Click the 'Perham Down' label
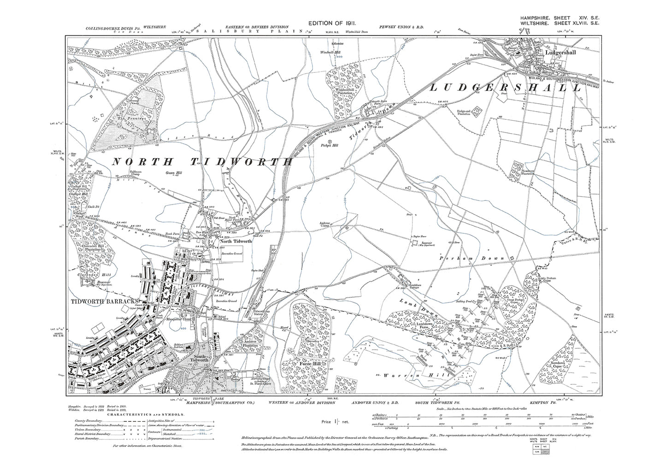point(480,258)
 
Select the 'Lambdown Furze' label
point(416,326)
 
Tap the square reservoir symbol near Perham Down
point(415,242)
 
